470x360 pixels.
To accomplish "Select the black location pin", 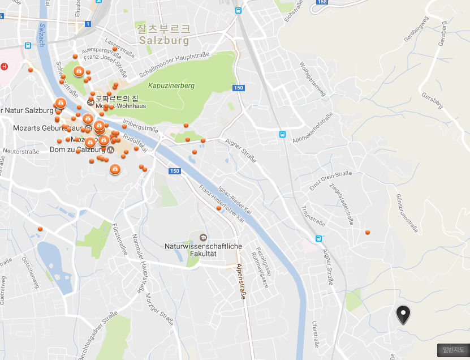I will coord(403,314).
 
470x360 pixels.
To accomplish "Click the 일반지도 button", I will coord(453,350).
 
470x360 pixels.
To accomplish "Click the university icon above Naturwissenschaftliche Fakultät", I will coord(203,237).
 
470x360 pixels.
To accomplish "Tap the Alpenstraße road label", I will coord(241,285).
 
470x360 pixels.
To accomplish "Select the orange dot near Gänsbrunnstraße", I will coord(368,232).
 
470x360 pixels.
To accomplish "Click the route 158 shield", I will coord(322,2).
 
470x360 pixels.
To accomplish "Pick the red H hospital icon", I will coord(5,66).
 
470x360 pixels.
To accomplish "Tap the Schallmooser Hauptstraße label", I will coord(175,64).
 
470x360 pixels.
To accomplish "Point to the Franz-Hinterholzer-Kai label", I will coord(221,203).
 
